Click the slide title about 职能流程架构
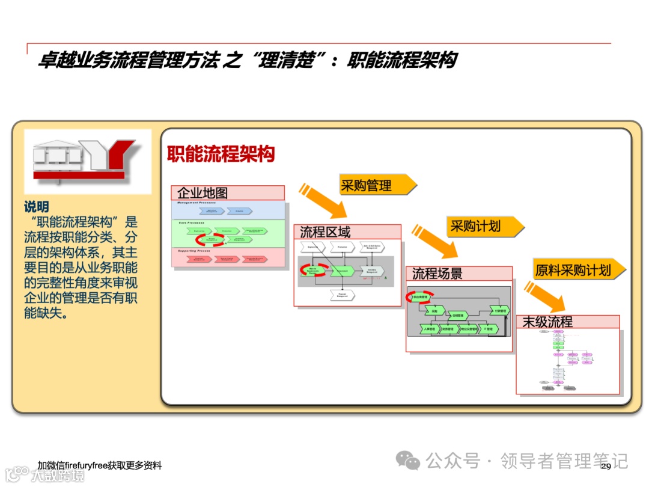click(x=246, y=60)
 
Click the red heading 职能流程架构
click(x=221, y=154)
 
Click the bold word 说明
click(x=36, y=207)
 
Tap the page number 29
click(x=606, y=467)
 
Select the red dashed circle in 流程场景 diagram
click(x=418, y=296)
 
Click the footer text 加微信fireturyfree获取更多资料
click(x=99, y=466)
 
